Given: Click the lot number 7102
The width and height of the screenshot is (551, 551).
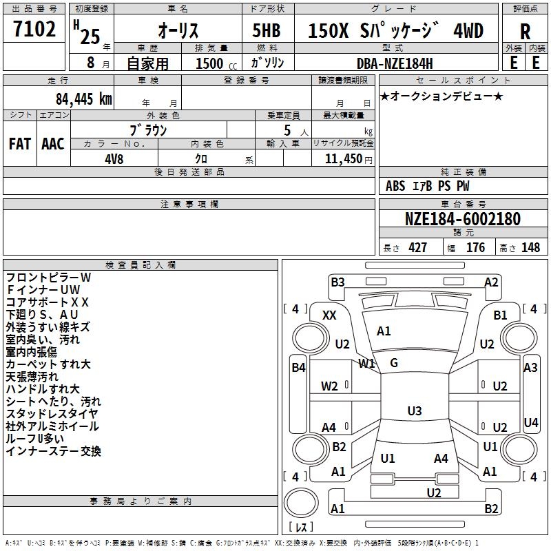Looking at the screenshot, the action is [34, 29].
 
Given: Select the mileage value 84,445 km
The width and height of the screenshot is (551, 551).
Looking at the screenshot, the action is [84, 99].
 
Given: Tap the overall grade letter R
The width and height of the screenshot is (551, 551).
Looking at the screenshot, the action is [525, 32].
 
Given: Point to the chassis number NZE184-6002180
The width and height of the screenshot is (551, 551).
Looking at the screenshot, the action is [463, 219].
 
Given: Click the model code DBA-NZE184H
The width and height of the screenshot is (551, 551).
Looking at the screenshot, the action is [395, 63].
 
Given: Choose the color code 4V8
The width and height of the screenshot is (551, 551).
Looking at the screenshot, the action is [114, 159].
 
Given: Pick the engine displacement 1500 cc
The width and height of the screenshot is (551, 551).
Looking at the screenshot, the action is [216, 63].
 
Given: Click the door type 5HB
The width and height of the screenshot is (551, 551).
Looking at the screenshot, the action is [267, 30].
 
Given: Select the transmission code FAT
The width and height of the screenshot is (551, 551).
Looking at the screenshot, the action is [20, 144].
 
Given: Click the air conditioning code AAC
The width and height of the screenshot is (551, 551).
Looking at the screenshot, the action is [53, 144].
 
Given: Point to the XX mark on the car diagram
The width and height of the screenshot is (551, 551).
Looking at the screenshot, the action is [329, 315].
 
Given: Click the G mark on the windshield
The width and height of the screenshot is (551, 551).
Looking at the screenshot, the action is [394, 363].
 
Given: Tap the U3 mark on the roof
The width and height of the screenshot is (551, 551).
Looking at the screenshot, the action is [415, 410].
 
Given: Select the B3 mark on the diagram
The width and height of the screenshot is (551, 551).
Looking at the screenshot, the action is [337, 282].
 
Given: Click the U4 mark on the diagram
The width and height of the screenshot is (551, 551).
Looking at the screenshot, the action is [530, 422].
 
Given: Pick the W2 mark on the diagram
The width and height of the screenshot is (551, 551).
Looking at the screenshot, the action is [329, 386].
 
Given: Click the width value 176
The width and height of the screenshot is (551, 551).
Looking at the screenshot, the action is [475, 247].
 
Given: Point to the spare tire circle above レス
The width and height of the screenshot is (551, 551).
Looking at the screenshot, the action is [301, 503].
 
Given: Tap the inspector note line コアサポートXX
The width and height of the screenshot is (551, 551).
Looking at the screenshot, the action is [47, 302].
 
